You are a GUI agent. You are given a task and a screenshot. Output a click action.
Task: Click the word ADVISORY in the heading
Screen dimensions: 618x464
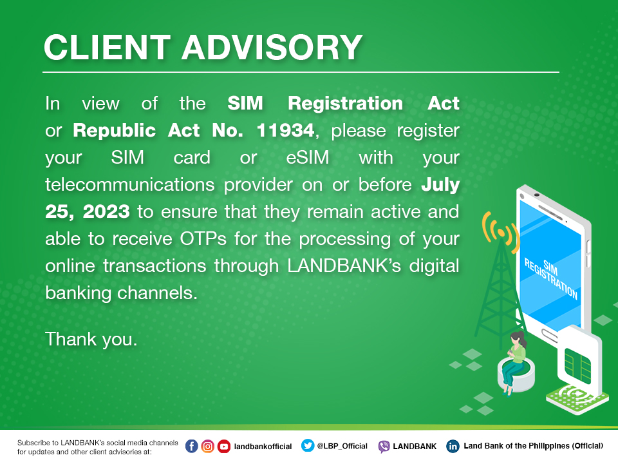click(272, 47)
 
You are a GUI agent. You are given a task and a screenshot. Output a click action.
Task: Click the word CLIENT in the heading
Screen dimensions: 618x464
click(107, 47)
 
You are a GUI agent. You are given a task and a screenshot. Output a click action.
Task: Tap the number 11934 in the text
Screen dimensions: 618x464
click(285, 130)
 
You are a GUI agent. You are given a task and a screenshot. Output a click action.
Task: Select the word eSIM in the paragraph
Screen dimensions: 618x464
click(308, 157)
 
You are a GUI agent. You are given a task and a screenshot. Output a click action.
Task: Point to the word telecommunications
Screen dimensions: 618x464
click(130, 185)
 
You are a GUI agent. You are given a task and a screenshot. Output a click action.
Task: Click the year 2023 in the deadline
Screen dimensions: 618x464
click(106, 212)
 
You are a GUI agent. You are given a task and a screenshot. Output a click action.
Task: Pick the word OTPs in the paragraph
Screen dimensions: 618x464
click(203, 238)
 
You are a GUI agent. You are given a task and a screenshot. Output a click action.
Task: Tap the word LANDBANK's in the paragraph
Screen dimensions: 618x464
click(344, 266)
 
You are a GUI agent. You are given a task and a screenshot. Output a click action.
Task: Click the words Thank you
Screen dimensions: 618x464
click(91, 340)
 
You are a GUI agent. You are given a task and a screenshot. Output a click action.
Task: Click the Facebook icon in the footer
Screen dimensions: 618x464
click(192, 446)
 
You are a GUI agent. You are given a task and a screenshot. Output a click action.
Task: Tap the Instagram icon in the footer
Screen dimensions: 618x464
click(208, 446)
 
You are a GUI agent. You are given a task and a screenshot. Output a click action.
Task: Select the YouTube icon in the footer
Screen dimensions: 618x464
click(224, 446)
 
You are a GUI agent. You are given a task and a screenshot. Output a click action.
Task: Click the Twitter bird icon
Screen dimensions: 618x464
click(308, 445)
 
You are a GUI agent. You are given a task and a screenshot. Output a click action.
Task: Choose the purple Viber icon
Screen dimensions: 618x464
click(384, 446)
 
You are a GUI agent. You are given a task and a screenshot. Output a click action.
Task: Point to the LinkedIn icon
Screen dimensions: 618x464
click(453, 446)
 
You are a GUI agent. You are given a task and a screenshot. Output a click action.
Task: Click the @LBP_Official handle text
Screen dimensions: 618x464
click(342, 446)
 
